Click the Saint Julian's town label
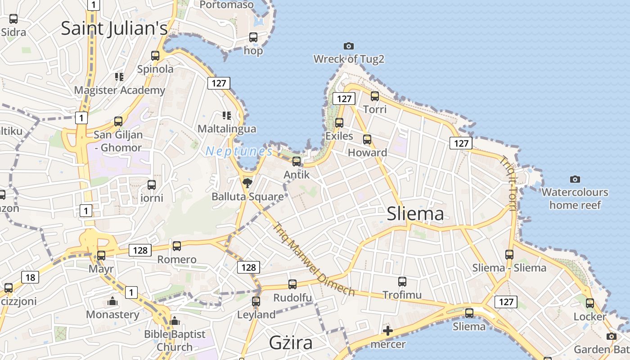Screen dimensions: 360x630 click(114, 28)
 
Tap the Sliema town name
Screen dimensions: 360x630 click(415, 214)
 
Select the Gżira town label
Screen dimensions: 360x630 click(291, 343)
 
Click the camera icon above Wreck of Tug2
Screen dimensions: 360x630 click(348, 46)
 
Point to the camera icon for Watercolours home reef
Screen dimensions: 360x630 click(575, 179)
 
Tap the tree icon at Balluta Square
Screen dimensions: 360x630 click(247, 183)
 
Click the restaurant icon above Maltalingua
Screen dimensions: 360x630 click(226, 116)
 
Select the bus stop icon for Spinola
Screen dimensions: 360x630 click(155, 56)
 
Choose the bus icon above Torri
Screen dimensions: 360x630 click(374, 96)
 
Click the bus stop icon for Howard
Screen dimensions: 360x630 click(367, 139)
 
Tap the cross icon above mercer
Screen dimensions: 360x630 click(387, 332)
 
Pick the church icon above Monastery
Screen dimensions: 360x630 click(112, 301)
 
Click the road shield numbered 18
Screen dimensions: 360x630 click(30, 277)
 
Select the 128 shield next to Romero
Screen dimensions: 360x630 click(140, 250)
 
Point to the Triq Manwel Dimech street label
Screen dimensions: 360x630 click(314, 260)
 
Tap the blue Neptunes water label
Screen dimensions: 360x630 click(239, 151)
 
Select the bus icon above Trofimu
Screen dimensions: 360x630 click(402, 282)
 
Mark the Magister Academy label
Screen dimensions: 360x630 click(120, 90)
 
